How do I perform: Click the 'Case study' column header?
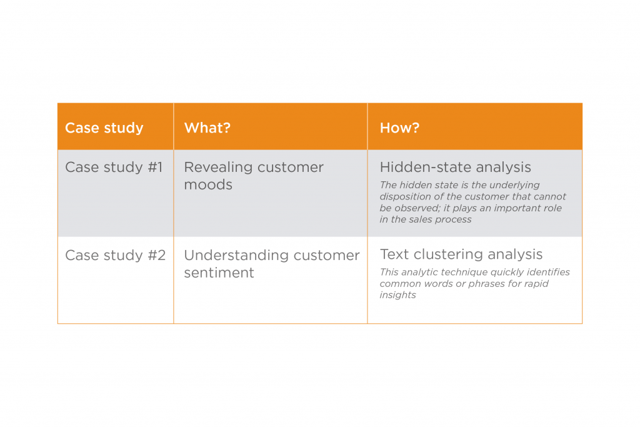point(104,128)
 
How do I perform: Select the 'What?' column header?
point(207,128)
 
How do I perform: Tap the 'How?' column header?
point(399,128)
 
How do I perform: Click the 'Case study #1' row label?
point(114,168)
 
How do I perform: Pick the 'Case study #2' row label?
point(116,256)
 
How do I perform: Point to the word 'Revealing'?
point(218,168)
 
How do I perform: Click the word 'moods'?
point(208,185)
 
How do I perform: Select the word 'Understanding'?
point(236,256)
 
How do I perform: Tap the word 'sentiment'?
point(219,273)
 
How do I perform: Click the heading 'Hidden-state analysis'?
point(456,168)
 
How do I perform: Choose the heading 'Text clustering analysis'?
point(461,254)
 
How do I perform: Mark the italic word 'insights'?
point(398,295)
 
